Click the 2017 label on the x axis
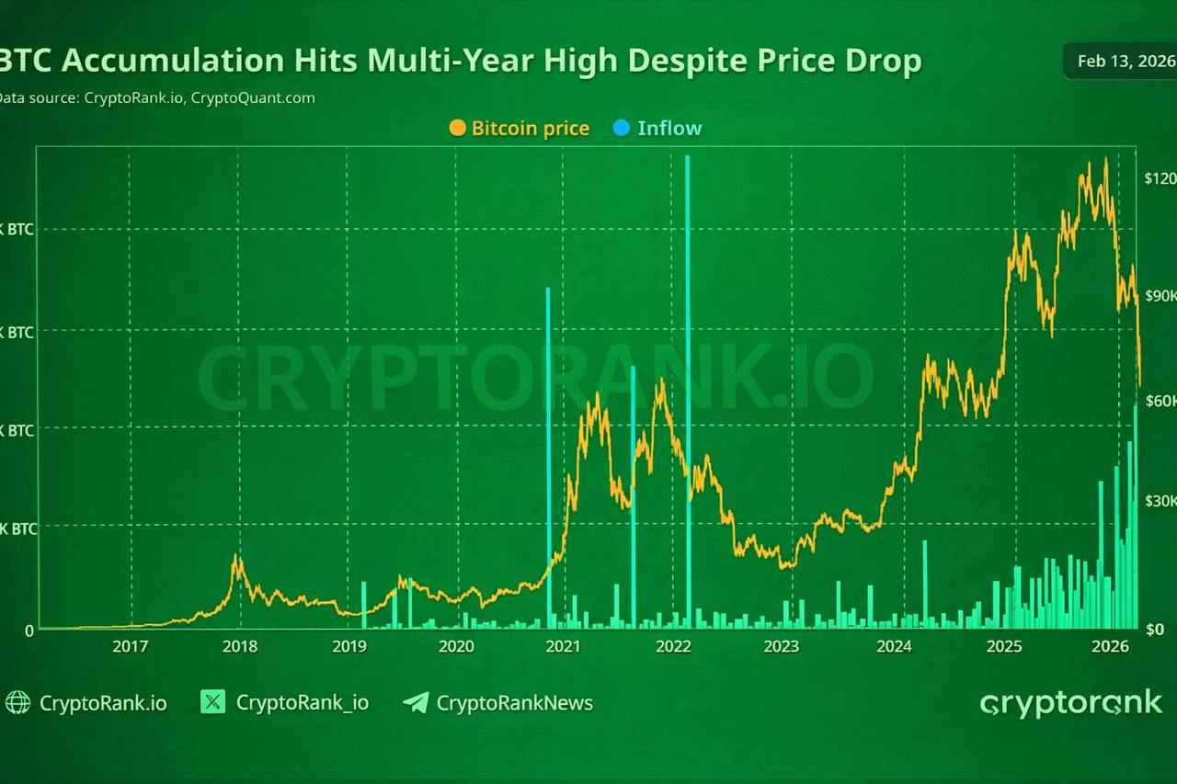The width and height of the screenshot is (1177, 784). coord(130,646)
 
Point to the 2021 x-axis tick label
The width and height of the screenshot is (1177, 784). coord(563,646)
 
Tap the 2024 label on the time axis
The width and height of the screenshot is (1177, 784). coord(894,646)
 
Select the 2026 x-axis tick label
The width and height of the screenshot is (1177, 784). coord(1110,646)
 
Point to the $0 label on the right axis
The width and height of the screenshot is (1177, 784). coord(1155,630)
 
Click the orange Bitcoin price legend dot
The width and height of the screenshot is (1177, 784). coord(457,129)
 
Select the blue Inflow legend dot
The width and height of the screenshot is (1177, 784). coord(622,129)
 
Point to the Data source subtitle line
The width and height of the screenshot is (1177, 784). coord(156,97)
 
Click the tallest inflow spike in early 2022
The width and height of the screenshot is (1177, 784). coord(687,368)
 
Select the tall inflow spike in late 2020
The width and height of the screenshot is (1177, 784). coord(548,441)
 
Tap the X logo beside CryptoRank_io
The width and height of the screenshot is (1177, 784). coord(213,703)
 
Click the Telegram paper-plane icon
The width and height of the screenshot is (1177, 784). coord(416,703)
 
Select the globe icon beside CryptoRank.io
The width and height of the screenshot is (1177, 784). coord(17,703)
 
